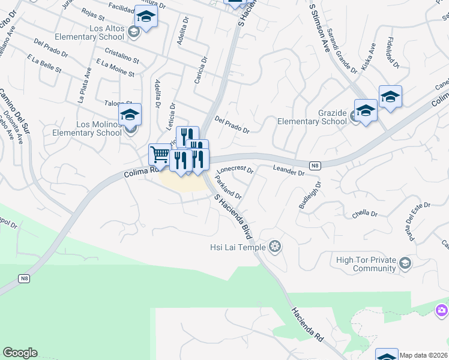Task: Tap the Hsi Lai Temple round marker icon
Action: coord(275,246)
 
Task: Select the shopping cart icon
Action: coord(160,154)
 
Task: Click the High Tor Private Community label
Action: coord(366,264)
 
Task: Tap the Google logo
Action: coord(20,353)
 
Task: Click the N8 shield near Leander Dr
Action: coord(314,165)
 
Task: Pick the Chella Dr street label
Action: coord(365,214)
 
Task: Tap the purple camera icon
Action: coord(442,310)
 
